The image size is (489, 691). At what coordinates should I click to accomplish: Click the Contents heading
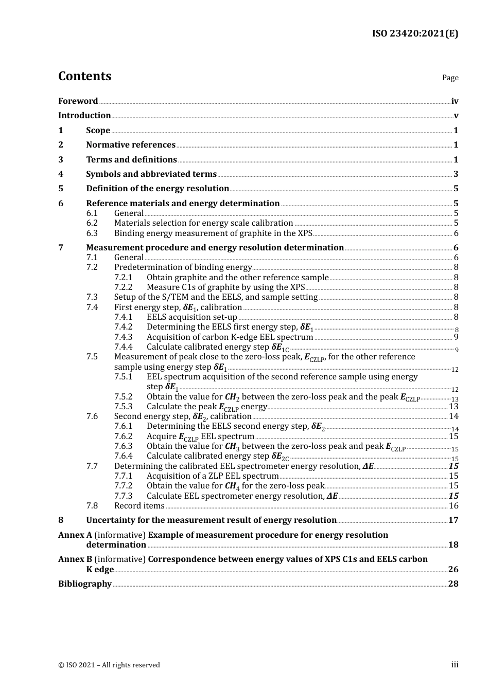pyautogui.click(x=84, y=76)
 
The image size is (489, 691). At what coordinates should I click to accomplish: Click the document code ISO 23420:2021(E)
pyautogui.click(x=415, y=34)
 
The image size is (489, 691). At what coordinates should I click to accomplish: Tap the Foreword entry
pyautogui.click(x=78, y=101)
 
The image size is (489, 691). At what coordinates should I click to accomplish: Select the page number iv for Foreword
pyautogui.click(x=455, y=101)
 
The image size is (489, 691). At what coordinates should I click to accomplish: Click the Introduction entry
pyautogui.click(x=84, y=116)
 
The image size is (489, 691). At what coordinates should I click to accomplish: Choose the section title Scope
pyautogui.click(x=98, y=131)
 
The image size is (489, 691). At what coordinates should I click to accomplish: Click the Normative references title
pyautogui.click(x=131, y=145)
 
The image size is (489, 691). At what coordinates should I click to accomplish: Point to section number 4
pyautogui.click(x=61, y=174)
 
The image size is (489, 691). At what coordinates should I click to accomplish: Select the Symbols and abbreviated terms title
pyautogui.click(x=151, y=174)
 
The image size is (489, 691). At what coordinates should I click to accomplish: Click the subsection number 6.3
pyautogui.click(x=92, y=233)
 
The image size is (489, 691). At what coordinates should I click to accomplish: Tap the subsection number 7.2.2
pyautogui.click(x=123, y=287)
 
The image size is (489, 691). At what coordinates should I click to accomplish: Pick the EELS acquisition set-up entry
pyautogui.click(x=191, y=317)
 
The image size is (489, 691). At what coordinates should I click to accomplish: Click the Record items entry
pyautogui.click(x=132, y=506)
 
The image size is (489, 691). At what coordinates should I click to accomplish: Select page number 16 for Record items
pyautogui.click(x=453, y=506)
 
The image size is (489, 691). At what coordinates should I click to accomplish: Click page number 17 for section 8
pyautogui.click(x=453, y=520)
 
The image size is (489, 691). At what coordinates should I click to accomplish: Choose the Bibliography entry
pyautogui.click(x=85, y=584)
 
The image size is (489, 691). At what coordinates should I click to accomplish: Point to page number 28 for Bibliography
pyautogui.click(x=453, y=584)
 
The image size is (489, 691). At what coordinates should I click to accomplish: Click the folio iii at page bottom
pyautogui.click(x=455, y=665)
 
